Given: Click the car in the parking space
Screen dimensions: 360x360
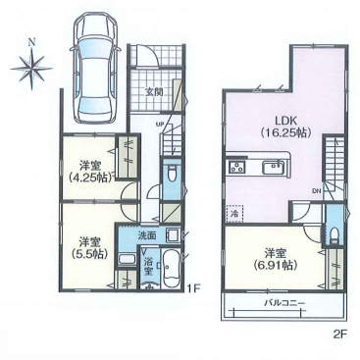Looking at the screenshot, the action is (94, 70).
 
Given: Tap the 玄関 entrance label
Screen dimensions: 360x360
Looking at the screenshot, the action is (154, 92).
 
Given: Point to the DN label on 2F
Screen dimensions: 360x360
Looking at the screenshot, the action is (316, 190).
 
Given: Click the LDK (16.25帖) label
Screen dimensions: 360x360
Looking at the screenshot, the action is (284, 127).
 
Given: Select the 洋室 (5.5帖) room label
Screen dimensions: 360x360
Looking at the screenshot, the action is (88, 248).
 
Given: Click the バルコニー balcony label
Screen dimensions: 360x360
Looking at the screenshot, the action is (284, 303).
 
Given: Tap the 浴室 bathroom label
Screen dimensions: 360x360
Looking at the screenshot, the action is (148, 265).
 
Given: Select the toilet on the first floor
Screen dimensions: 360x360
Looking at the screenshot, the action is (171, 174).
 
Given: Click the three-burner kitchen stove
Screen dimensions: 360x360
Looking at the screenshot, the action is (236, 168).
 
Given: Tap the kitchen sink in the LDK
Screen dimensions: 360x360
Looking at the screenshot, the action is (274, 168).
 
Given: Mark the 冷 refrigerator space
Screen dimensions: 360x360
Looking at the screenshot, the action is (234, 214).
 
